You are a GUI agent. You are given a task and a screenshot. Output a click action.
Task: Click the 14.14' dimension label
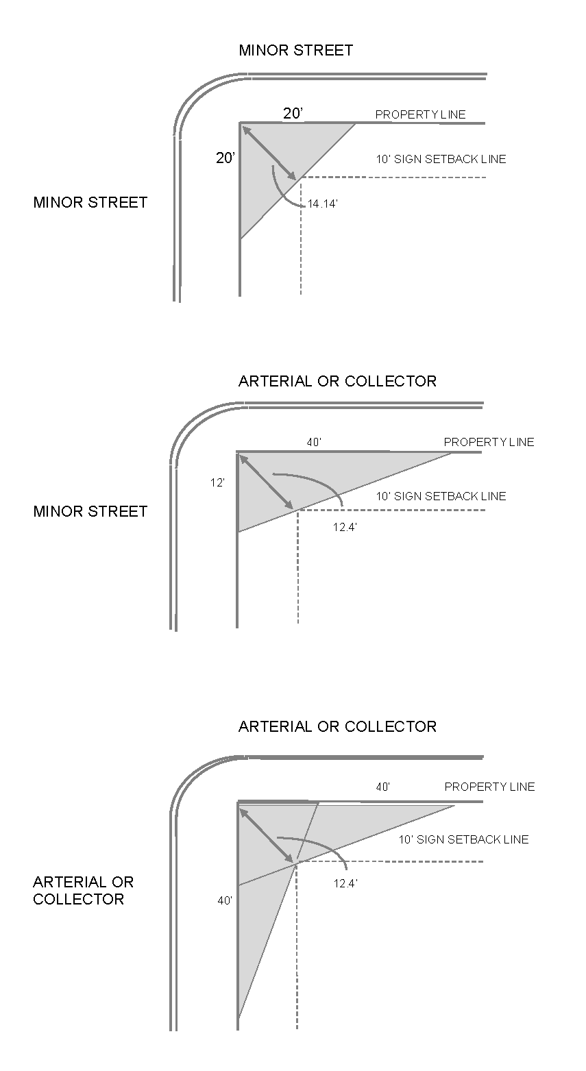point(322,204)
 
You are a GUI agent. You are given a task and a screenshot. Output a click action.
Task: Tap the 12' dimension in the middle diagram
point(217,482)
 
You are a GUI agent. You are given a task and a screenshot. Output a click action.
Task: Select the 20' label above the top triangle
point(293,114)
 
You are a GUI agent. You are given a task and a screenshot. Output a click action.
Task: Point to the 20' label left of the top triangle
point(225,158)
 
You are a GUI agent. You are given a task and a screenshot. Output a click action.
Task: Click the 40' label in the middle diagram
point(314,443)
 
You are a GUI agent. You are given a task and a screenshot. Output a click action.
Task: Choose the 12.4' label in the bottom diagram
point(345,883)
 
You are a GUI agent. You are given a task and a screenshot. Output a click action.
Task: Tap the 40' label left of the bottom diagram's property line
point(225,900)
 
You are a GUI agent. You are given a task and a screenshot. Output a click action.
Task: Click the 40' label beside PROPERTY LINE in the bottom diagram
point(383,787)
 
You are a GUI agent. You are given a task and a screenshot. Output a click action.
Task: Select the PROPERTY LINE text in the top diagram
point(420,114)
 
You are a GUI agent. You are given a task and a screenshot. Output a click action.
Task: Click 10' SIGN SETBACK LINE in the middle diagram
point(441,496)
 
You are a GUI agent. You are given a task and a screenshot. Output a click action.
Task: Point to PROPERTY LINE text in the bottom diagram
point(489,787)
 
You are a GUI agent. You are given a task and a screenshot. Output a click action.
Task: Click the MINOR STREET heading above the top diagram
point(295,50)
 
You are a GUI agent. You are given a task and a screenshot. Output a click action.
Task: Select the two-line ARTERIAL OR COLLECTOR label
point(84,890)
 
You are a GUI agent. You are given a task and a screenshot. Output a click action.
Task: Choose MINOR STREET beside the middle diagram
point(90,511)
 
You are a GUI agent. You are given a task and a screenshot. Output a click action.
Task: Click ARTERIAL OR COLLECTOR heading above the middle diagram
point(337,381)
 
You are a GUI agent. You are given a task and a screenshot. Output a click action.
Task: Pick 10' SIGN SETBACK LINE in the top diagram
point(441,159)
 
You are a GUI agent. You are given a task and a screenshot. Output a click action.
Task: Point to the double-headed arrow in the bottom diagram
point(266,835)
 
